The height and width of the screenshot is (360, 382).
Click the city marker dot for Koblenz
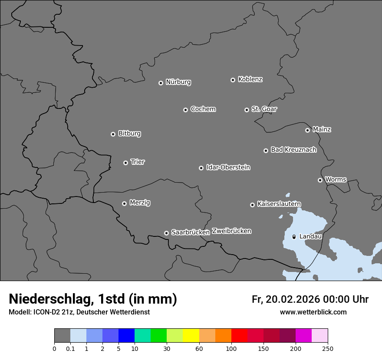point(233,80)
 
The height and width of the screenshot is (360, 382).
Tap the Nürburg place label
point(178,82)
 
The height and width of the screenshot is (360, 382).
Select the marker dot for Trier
point(125,163)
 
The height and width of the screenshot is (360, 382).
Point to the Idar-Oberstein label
point(228,167)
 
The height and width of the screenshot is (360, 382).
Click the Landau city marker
point(294,237)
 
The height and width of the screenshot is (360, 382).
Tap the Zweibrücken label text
point(231,231)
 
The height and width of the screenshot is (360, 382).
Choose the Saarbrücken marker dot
point(166,233)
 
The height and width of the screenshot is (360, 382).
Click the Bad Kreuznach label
point(293,150)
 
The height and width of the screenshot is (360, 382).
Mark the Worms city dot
point(320,180)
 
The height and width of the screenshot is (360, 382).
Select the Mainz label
point(322,129)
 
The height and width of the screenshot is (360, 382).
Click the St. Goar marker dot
point(247,110)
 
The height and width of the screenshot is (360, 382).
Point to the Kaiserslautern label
point(279,204)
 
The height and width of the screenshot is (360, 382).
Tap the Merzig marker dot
point(124,203)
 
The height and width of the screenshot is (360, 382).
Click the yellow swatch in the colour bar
point(191,336)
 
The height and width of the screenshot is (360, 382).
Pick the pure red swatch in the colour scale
point(239,336)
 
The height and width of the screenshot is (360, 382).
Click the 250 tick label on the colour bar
point(328,348)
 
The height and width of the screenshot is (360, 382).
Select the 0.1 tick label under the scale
point(70,348)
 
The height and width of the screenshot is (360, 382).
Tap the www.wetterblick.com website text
point(313,312)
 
